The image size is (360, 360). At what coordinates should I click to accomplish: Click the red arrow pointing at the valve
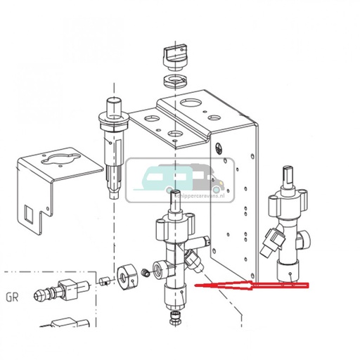pyautogui.click(x=253, y=285)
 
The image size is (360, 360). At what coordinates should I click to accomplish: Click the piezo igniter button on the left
pyautogui.click(x=113, y=106)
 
